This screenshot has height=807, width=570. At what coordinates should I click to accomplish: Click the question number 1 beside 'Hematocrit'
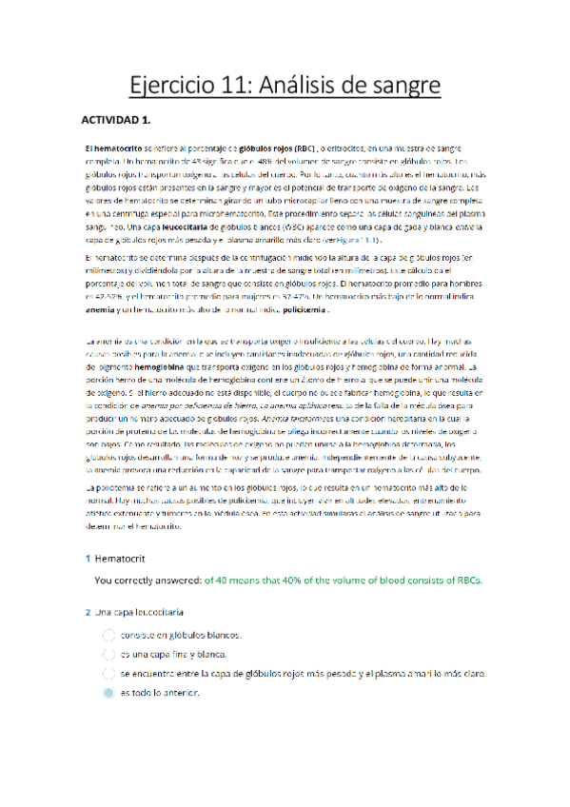click(x=88, y=558)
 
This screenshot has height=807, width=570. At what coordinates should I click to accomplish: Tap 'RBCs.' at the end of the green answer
click(x=464, y=579)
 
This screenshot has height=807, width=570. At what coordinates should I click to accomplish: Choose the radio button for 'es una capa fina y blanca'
click(x=107, y=654)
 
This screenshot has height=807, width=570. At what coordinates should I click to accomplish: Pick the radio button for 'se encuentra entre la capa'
click(x=107, y=673)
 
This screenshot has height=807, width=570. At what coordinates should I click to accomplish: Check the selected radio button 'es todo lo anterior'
click(x=107, y=693)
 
